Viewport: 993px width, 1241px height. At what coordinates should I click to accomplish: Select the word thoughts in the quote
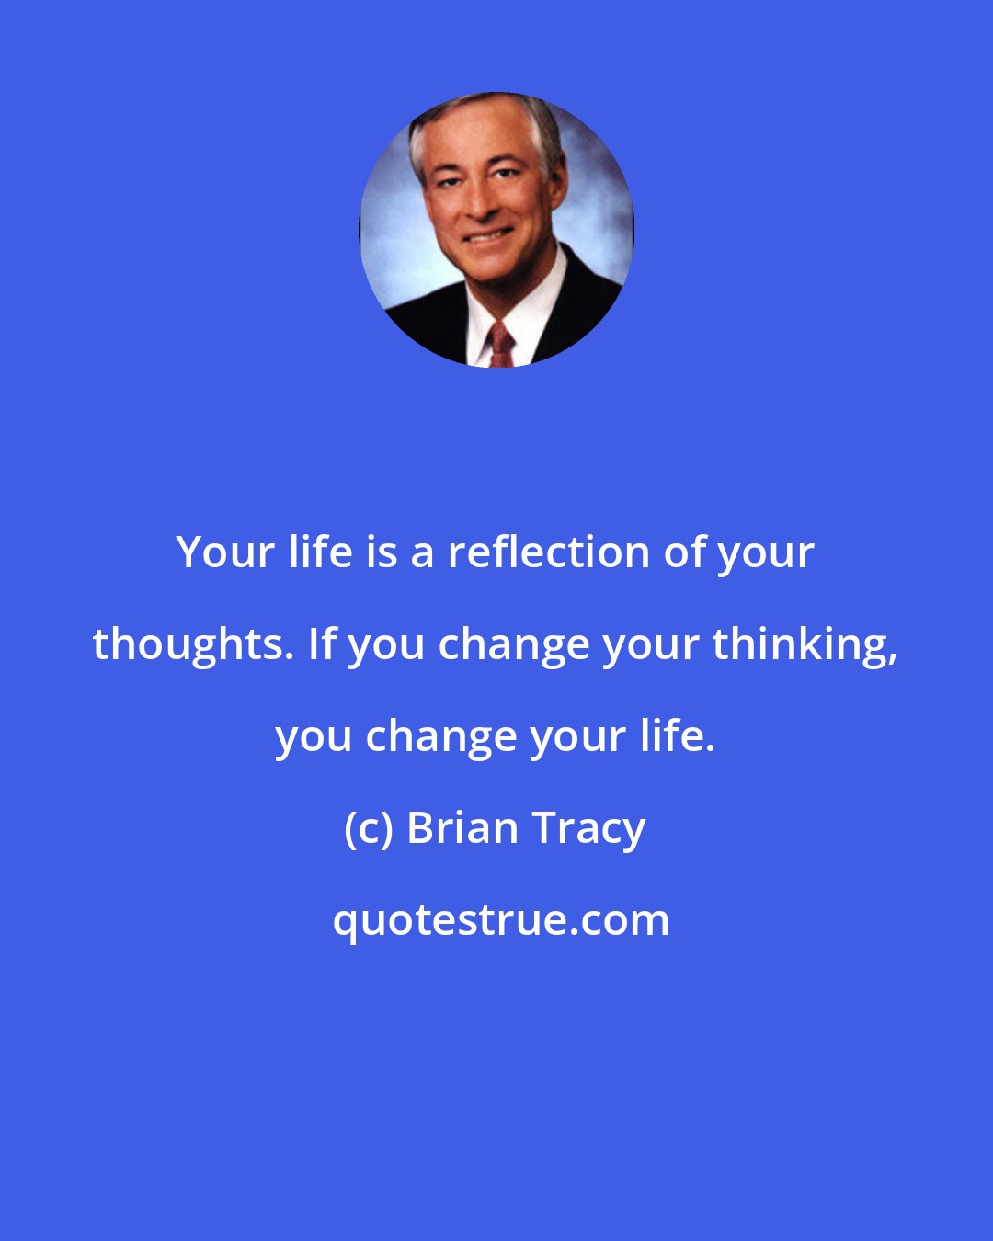191,644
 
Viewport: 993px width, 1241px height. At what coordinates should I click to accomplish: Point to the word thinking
804,644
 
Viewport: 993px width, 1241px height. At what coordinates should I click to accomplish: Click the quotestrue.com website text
501,920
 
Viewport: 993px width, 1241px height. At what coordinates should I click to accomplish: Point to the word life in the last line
683,735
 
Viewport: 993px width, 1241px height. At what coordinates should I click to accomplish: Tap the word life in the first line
314,552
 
